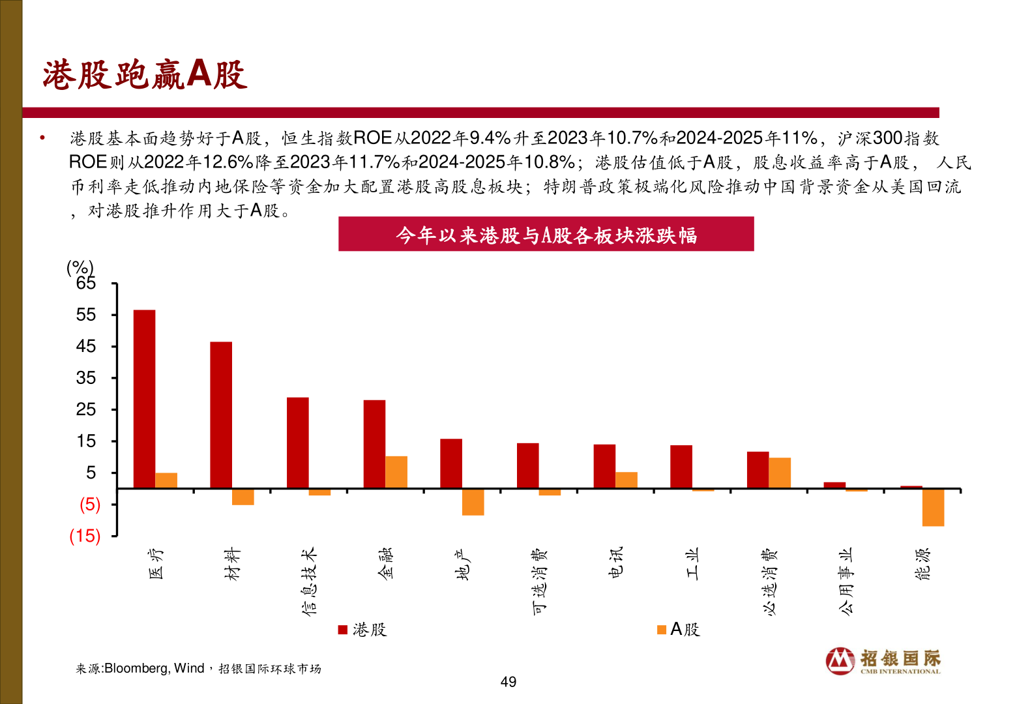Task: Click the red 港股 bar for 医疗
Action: pyautogui.click(x=144, y=399)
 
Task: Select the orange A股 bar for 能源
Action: pyautogui.click(x=933, y=507)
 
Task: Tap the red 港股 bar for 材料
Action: pyautogui.click(x=221, y=415)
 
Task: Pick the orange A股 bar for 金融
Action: pyautogui.click(x=396, y=472)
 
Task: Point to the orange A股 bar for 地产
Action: pyautogui.click(x=473, y=502)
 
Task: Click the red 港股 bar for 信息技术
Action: pyautogui.click(x=298, y=443)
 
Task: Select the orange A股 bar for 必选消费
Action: pyautogui.click(x=780, y=473)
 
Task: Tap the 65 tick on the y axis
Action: pyautogui.click(x=86, y=284)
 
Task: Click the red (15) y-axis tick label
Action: pyautogui.click(x=85, y=536)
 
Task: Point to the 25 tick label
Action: pyautogui.click(x=86, y=410)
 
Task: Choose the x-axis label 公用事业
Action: pyautogui.click(x=846, y=581)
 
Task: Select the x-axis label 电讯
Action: pyautogui.click(x=615, y=562)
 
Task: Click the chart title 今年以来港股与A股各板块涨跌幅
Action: pyautogui.click(x=546, y=235)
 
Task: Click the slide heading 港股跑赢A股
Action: pyautogui.click(x=145, y=74)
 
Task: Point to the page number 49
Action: pyautogui.click(x=508, y=682)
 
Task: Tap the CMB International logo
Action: pyautogui.click(x=883, y=661)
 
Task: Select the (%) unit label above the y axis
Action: pyautogui.click(x=80, y=267)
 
